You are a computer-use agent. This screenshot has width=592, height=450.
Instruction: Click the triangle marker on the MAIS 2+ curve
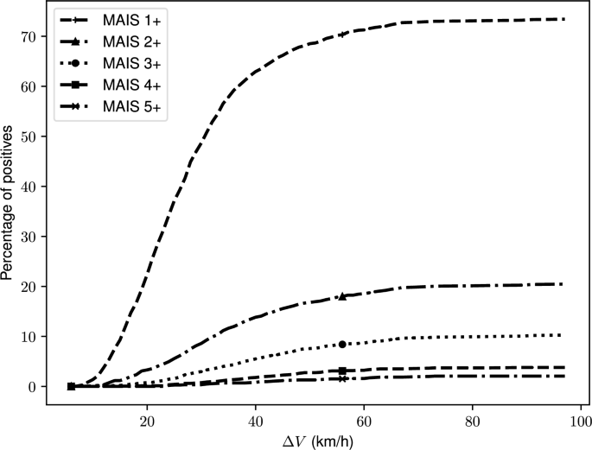(x=343, y=296)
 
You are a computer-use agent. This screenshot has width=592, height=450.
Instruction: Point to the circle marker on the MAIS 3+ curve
(x=343, y=344)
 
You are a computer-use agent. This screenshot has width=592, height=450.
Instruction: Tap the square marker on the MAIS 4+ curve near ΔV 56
(x=343, y=371)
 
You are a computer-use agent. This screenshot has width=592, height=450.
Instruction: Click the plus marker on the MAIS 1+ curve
(x=343, y=34)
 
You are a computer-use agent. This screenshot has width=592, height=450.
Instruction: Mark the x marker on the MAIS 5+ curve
(x=343, y=378)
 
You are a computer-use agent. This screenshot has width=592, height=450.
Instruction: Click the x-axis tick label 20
(x=147, y=409)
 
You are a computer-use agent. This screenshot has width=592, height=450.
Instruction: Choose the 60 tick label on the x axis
(x=364, y=409)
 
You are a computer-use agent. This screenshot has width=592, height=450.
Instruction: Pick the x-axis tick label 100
(x=578, y=409)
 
